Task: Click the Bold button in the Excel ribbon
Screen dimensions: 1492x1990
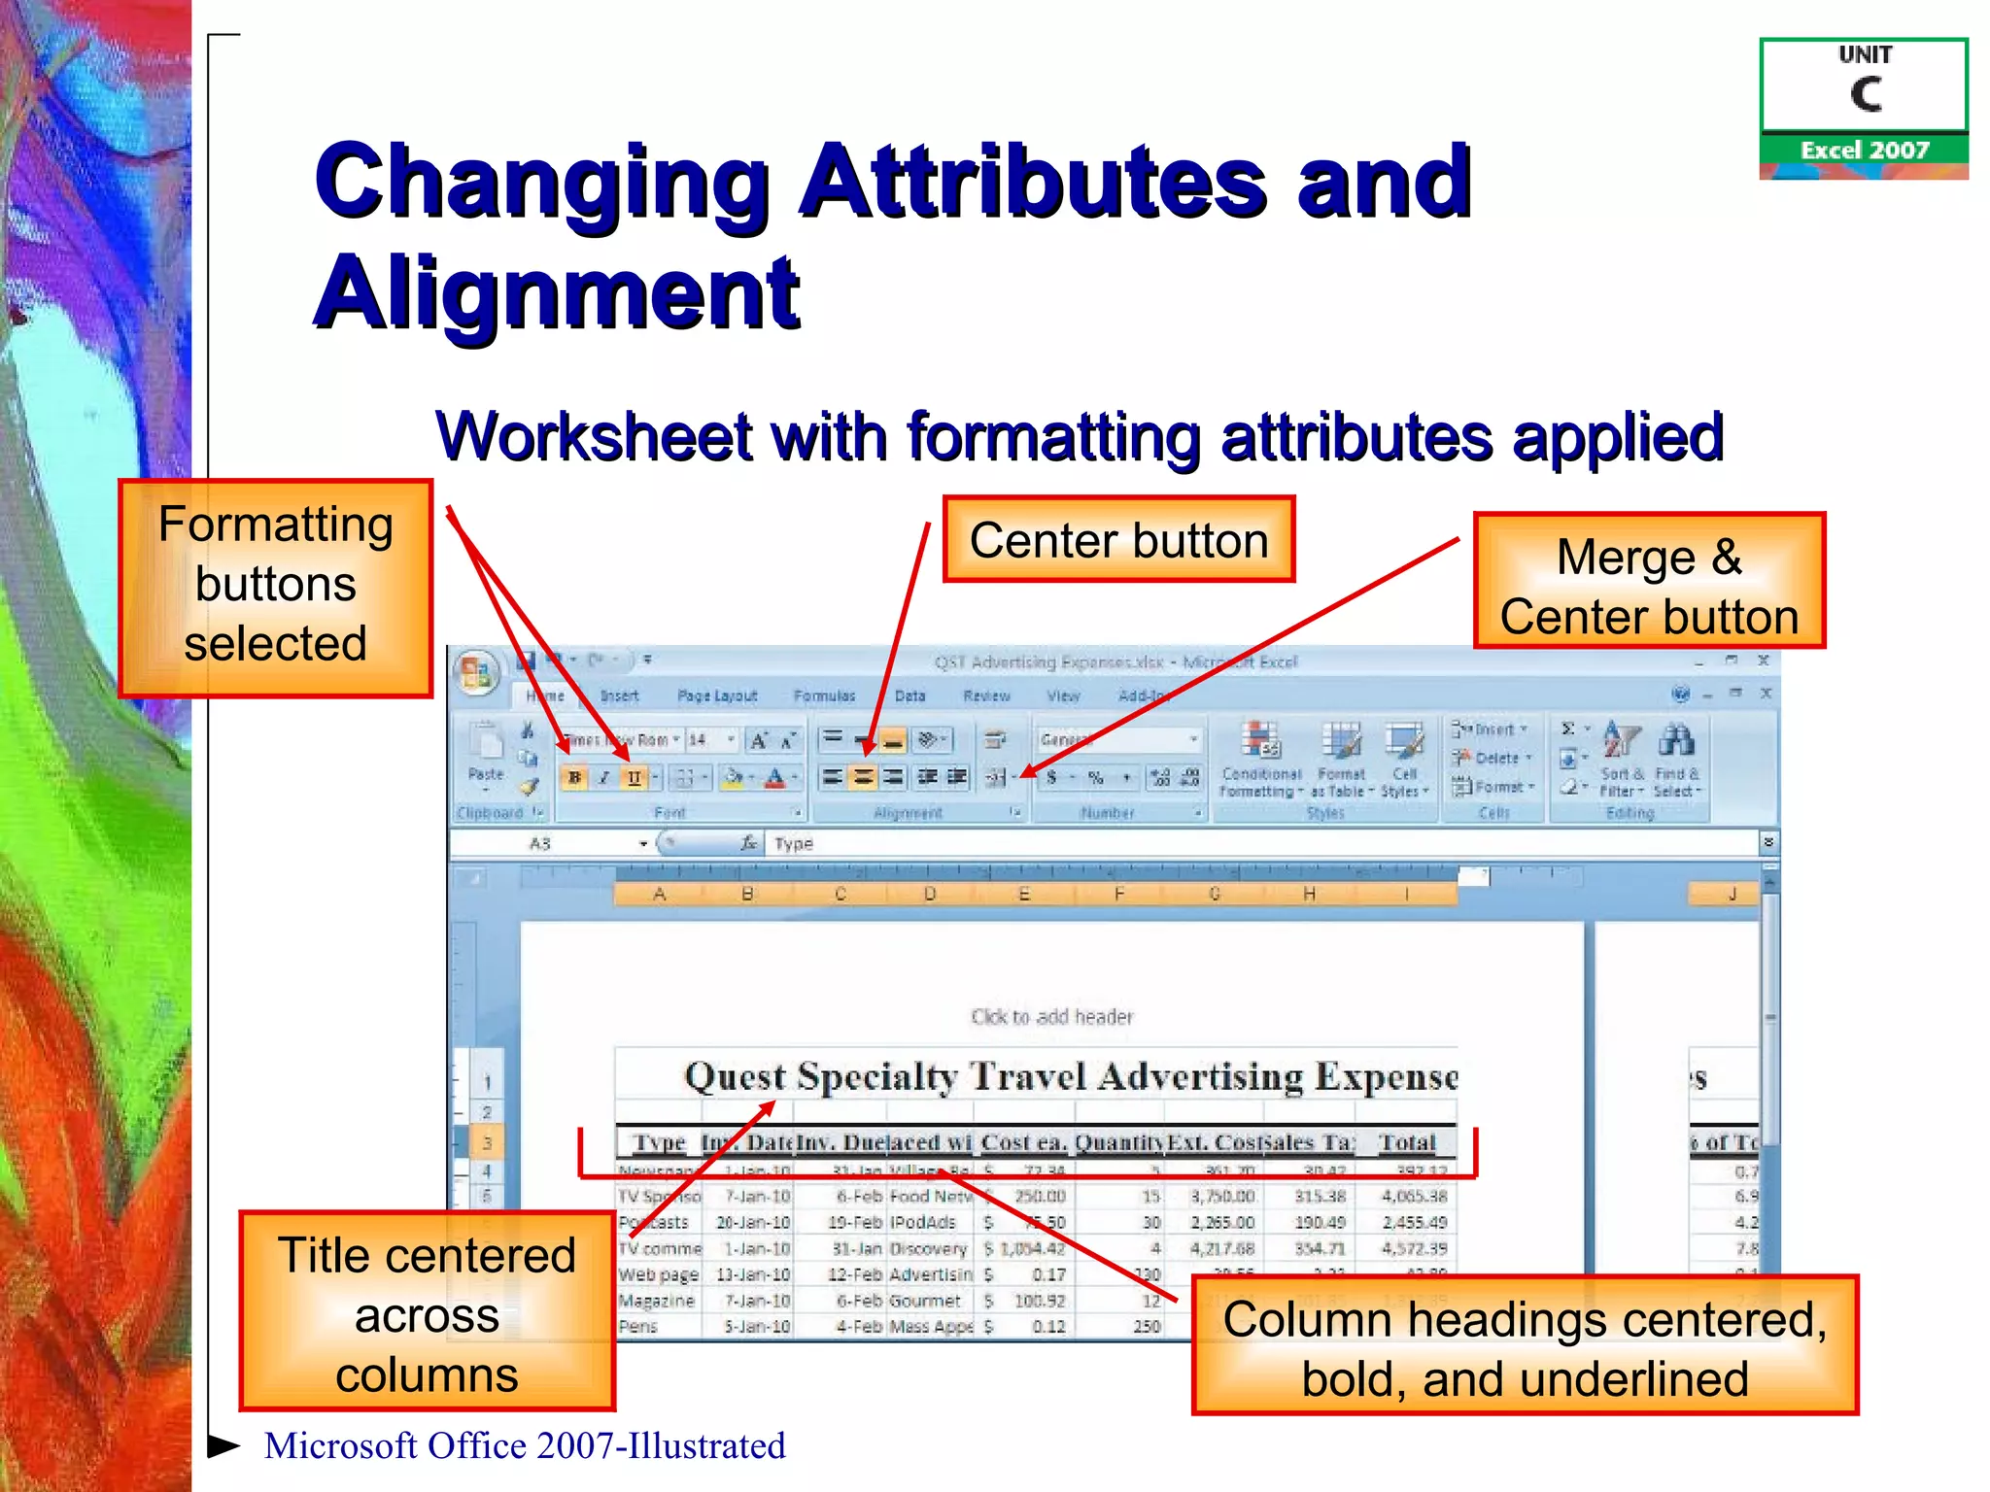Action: click(x=574, y=777)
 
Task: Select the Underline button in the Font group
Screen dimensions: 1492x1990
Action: click(x=634, y=777)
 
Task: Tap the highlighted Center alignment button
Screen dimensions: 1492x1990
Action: click(x=863, y=777)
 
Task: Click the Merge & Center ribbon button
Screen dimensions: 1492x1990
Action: click(x=997, y=777)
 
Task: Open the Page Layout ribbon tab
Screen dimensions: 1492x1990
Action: click(x=716, y=695)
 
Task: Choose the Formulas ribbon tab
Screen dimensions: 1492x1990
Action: click(x=824, y=695)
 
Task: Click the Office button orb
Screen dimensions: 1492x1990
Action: click(x=476, y=672)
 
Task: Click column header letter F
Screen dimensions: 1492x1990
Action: click(x=1119, y=894)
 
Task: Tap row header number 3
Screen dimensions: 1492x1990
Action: click(x=487, y=1143)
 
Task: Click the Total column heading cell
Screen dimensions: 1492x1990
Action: click(x=1407, y=1143)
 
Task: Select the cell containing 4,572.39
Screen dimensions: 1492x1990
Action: click(x=1415, y=1248)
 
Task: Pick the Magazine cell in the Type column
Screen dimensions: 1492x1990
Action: click(x=657, y=1301)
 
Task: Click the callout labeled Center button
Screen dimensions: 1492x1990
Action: click(x=1118, y=540)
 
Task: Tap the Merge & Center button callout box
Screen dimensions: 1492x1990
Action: click(x=1649, y=581)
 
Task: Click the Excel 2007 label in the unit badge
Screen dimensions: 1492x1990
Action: click(x=1864, y=150)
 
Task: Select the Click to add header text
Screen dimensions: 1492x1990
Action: click(x=1051, y=1017)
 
